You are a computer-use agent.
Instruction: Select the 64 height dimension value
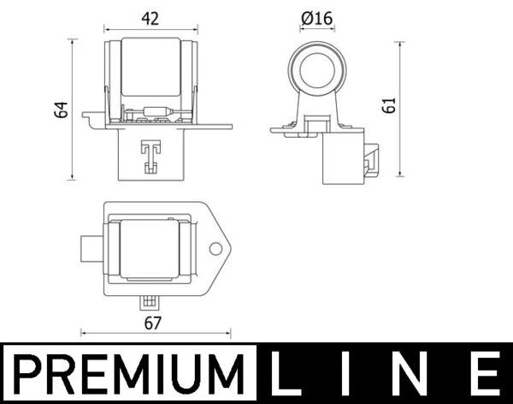(x=60, y=110)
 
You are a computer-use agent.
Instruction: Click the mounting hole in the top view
(x=215, y=250)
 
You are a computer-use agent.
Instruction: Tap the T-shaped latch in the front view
(x=150, y=155)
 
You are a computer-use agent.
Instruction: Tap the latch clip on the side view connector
(x=373, y=157)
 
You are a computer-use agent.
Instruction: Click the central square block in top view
(x=150, y=249)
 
